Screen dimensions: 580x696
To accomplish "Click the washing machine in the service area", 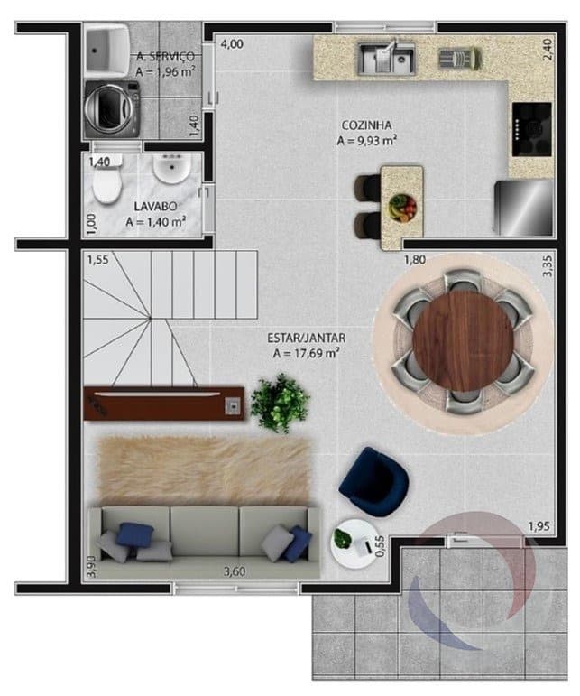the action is tap(112, 108).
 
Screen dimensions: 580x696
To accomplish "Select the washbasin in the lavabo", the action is tap(171, 168).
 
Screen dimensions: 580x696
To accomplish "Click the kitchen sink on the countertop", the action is tap(386, 58).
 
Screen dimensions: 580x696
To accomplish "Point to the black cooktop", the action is tap(532, 129).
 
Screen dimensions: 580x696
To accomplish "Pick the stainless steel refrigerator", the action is tap(524, 208).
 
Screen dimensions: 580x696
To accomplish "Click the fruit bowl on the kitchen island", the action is tap(402, 208).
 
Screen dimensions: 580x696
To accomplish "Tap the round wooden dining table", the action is tap(463, 341).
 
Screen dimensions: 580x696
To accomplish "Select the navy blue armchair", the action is tap(373, 482).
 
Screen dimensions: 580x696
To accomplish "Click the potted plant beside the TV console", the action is tap(280, 403).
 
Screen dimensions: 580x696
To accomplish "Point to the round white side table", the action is tap(353, 543).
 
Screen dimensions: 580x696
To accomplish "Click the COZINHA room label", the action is tap(367, 125).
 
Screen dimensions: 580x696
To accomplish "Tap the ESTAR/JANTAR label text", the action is tap(306, 338).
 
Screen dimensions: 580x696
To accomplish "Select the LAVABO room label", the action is tap(155, 207).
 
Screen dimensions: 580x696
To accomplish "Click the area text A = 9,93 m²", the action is tap(367, 140).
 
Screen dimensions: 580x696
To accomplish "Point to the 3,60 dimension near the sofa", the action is tap(235, 571).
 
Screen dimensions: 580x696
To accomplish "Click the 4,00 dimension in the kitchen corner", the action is tap(232, 44).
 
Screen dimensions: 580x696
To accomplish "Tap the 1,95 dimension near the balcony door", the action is tap(539, 526).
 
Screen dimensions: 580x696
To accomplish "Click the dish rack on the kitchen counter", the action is tap(460, 59).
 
